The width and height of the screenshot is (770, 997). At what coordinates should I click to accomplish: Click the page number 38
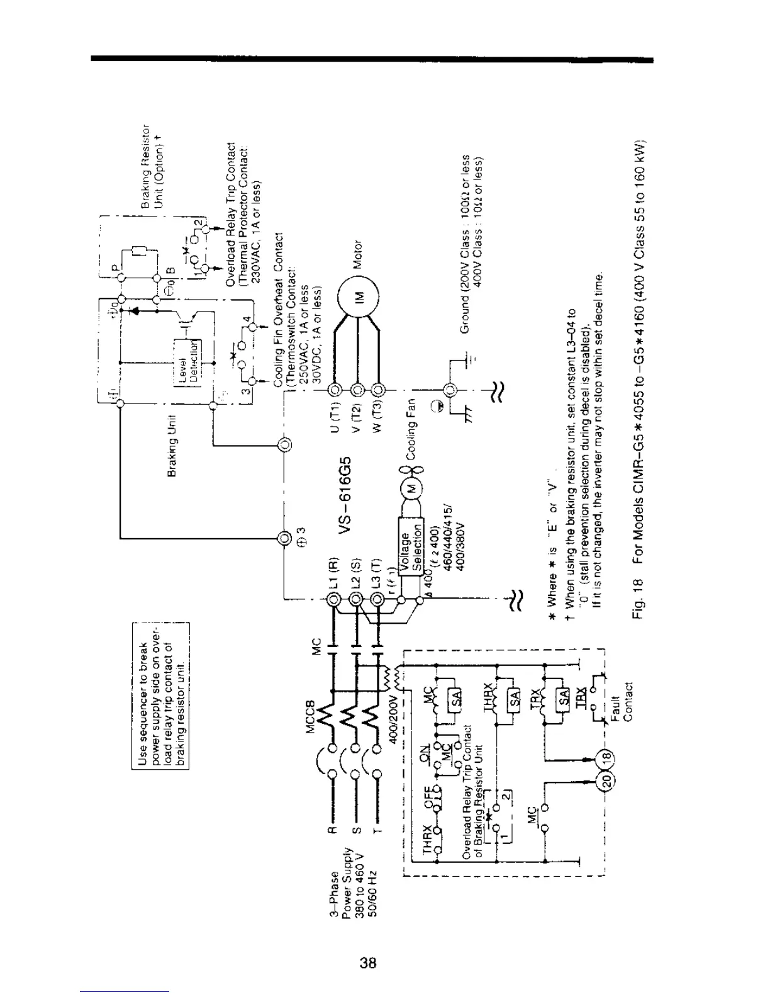tap(368, 962)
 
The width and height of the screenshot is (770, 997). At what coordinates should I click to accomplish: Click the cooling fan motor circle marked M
tap(410, 489)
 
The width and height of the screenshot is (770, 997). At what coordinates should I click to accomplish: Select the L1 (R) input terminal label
tap(335, 573)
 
